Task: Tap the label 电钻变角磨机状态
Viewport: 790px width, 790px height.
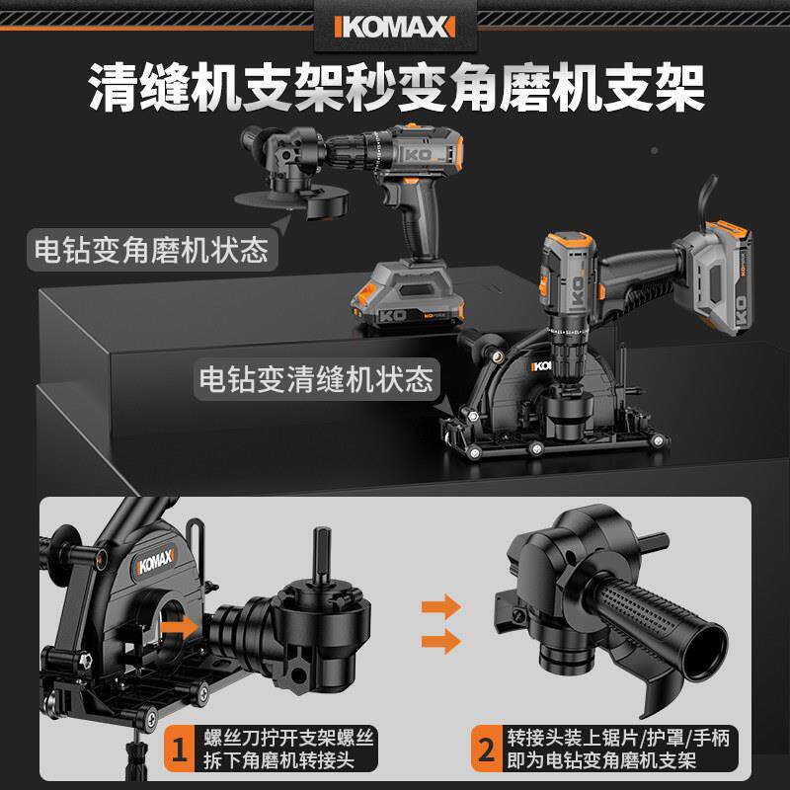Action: coord(149,248)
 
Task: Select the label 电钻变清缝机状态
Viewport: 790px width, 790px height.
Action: coord(315,378)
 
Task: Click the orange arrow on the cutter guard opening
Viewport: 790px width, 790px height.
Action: coord(179,625)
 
